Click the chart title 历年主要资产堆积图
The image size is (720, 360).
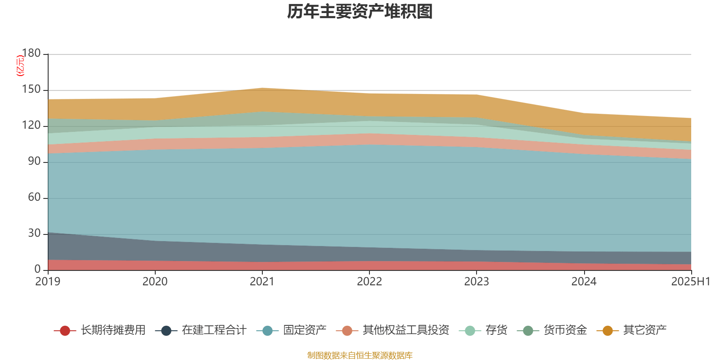(x=360, y=12)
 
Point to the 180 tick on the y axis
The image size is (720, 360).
(x=31, y=54)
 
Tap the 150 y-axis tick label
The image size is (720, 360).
(x=31, y=90)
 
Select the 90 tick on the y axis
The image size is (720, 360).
(x=34, y=162)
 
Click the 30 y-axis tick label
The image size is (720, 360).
(x=34, y=234)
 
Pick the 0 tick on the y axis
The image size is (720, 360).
(x=38, y=270)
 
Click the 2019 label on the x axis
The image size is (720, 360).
(x=48, y=282)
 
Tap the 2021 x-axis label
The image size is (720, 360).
(x=262, y=282)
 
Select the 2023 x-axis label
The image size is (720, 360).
(x=477, y=282)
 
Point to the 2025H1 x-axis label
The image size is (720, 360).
(x=690, y=282)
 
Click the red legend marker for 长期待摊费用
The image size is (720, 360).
(x=65, y=331)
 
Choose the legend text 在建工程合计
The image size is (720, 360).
(x=214, y=330)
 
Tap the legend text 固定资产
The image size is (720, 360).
(x=305, y=330)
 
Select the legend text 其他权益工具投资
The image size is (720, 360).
(x=406, y=330)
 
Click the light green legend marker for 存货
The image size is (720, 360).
(x=470, y=331)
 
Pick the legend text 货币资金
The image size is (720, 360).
(x=565, y=330)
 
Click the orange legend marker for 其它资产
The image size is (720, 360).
(x=607, y=331)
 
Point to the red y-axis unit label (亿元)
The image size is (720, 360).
(x=20, y=66)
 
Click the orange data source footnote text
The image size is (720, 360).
(x=360, y=355)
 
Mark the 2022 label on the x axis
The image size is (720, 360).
(x=369, y=282)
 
